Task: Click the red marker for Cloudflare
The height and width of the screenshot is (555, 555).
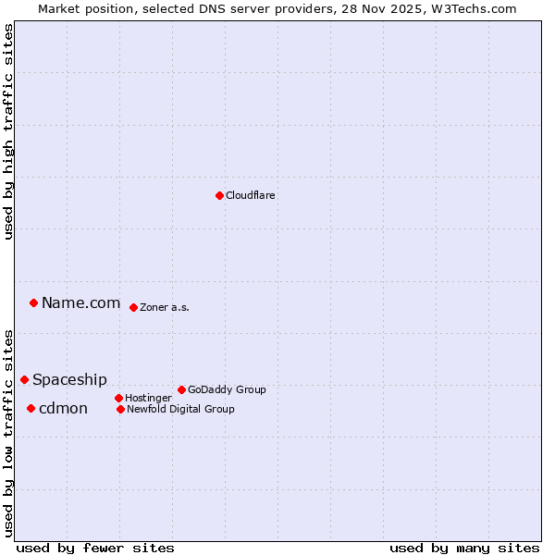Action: click(219, 195)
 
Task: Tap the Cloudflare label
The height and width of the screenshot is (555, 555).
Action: click(251, 195)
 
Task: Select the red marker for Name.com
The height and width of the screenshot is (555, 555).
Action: click(33, 302)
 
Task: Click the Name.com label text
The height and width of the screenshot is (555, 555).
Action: click(81, 302)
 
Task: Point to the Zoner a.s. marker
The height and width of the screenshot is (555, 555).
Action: click(133, 307)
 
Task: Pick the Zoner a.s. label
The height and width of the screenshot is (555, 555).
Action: click(165, 307)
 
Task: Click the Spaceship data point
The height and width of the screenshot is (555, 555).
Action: click(24, 379)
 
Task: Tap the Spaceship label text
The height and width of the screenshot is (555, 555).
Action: click(69, 379)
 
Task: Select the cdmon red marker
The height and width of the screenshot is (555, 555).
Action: click(31, 408)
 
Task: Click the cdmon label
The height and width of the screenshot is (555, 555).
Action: click(63, 408)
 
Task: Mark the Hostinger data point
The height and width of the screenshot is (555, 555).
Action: click(118, 398)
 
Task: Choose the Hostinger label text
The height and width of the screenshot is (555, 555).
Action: click(148, 398)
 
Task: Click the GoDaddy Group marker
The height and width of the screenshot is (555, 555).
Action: click(181, 389)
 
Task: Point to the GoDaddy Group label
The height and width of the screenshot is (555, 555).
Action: click(227, 389)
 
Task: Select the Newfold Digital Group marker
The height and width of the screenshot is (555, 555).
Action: click(120, 409)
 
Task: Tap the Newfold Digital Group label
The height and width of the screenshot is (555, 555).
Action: click(180, 409)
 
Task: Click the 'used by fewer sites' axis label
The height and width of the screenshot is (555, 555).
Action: click(95, 548)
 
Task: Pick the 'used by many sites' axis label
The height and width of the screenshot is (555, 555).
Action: click(464, 548)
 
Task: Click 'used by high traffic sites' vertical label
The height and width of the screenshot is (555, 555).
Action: click(9, 131)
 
